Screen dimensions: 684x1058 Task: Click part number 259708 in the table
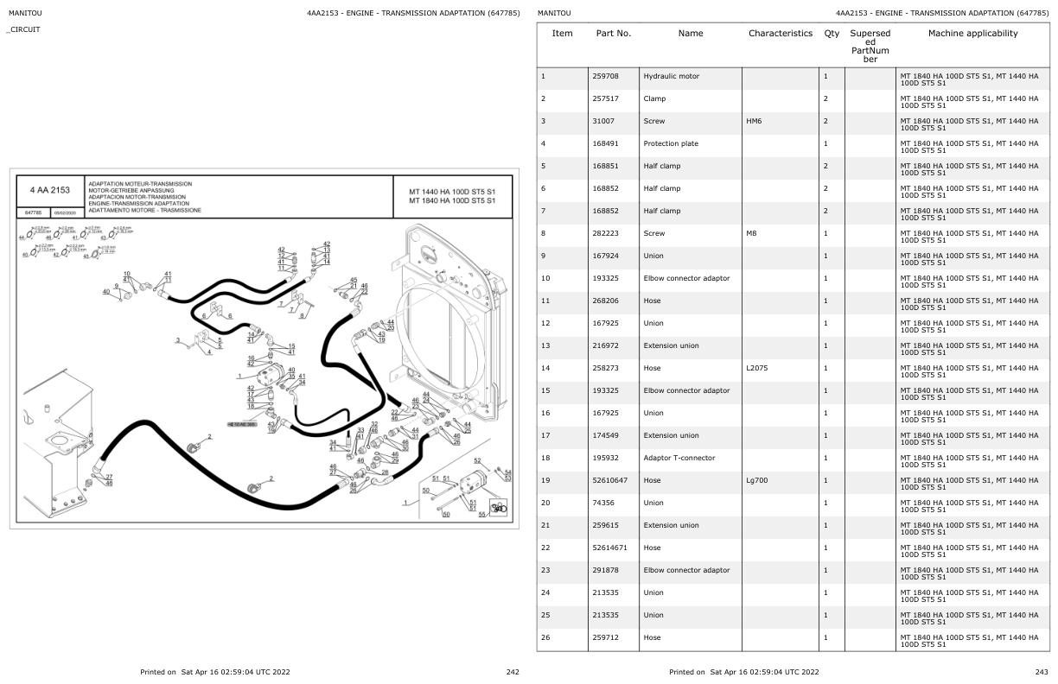pos(605,76)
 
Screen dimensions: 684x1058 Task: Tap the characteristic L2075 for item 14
pos(757,368)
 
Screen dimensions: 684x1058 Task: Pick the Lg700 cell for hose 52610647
pos(757,480)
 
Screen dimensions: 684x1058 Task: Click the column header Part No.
pos(614,34)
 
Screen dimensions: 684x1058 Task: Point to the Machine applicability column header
pos(972,34)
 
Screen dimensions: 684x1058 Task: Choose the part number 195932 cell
pos(605,458)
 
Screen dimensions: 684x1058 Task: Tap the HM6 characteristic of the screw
pos(755,121)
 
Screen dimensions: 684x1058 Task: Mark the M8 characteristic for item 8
pos(752,233)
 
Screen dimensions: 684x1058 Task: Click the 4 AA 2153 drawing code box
pos(49,190)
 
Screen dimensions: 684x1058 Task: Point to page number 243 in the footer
pos(1042,672)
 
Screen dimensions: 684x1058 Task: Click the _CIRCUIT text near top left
pos(23,29)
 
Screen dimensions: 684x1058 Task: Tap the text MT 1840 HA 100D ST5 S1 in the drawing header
pos(452,200)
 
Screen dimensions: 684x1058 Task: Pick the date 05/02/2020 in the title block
pos(65,212)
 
